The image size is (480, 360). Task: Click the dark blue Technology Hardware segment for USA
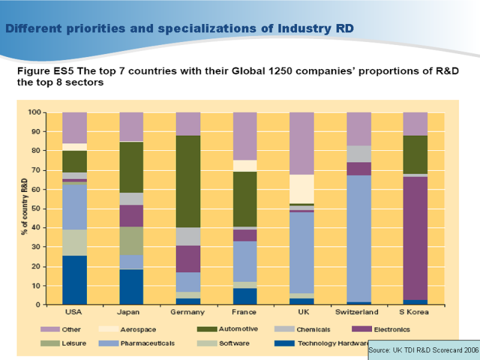74,280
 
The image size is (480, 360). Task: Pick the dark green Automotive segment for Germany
188,181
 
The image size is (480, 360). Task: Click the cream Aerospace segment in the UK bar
302,189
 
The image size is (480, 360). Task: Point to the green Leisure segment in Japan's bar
131,241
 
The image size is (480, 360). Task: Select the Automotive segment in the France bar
245,199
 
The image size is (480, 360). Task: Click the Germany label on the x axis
188,313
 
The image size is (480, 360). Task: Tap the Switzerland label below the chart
359,313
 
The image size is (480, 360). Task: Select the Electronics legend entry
391,329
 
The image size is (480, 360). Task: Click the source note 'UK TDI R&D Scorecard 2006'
424,349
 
